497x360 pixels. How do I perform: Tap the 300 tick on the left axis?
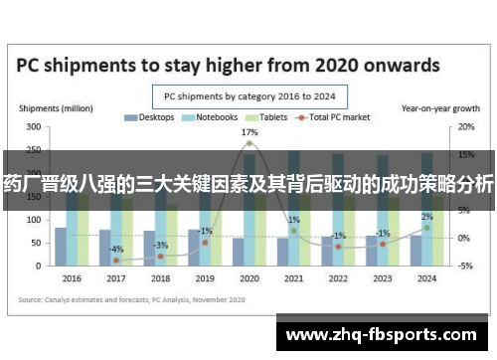click(34, 127)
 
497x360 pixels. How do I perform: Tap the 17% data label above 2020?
click(249, 132)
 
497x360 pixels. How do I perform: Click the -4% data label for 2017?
click(116, 249)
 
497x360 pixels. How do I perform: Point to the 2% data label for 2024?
click(426, 216)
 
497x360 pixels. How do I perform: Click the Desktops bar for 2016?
click(61, 247)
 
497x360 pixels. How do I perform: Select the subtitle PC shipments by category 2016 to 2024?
click(248, 96)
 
